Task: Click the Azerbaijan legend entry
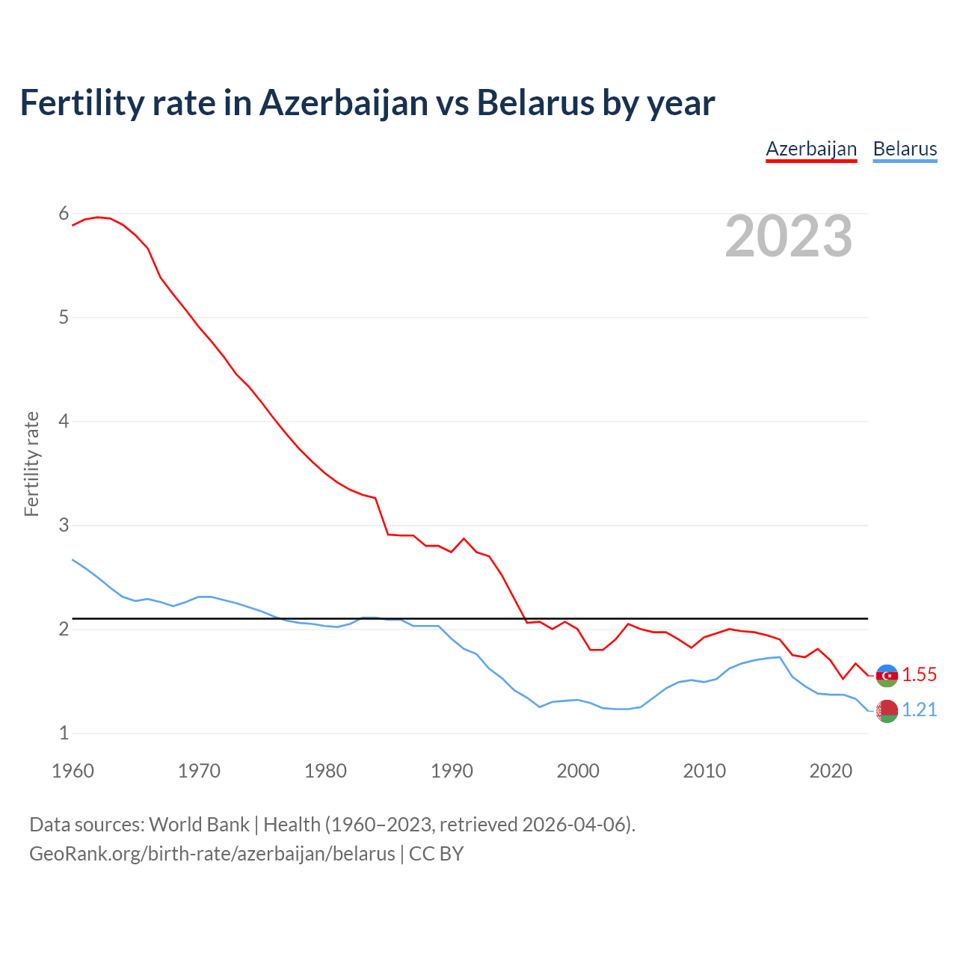coord(811,149)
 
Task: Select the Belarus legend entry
coord(905,149)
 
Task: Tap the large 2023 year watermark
coord(789,236)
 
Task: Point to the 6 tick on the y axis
coord(64,214)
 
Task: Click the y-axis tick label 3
coord(64,525)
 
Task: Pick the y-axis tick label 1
coord(64,733)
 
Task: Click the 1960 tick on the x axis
coord(73,771)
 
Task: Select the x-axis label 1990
coord(452,771)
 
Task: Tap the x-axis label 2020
coord(831,771)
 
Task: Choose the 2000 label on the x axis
coord(578,771)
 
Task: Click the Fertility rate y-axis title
coord(31,464)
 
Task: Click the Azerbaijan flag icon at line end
coord(887,675)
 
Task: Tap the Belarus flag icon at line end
coord(887,710)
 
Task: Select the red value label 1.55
coord(919,674)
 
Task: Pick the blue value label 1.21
coord(919,710)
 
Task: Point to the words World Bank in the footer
coord(199,825)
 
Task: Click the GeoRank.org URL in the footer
coord(212,854)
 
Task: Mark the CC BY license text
coord(436,854)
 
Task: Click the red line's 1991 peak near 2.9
coord(464,538)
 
